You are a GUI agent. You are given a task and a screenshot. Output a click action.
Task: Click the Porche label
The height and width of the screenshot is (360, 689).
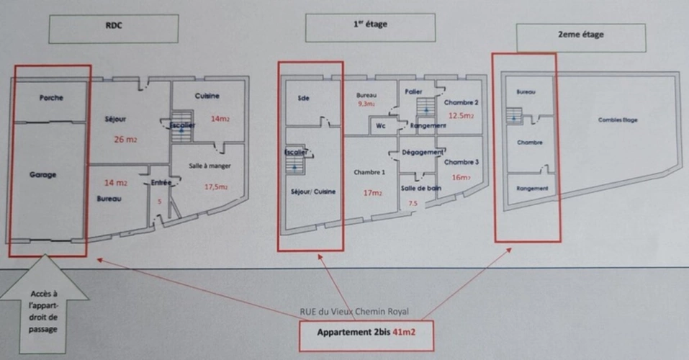[51, 97]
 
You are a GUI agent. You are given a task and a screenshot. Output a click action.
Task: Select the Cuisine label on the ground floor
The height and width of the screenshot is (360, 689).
[207, 96]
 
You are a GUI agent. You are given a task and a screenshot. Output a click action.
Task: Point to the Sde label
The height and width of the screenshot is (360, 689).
[302, 99]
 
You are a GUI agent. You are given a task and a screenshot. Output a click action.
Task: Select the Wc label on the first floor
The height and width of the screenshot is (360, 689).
[381, 126]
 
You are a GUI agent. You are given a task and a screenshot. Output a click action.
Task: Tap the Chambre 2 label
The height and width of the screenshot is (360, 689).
[461, 102]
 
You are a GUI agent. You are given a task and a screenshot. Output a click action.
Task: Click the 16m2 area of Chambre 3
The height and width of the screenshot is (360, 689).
[460, 177]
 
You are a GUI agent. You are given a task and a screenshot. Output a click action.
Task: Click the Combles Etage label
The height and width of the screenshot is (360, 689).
[618, 120]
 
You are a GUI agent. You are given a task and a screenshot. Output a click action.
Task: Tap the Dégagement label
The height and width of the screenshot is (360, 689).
[423, 152]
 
